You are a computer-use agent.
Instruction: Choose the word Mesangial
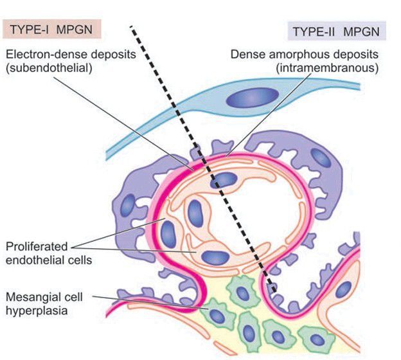[31, 298]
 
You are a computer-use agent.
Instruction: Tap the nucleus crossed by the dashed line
[225, 180]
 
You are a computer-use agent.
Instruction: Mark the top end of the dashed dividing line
[131, 27]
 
